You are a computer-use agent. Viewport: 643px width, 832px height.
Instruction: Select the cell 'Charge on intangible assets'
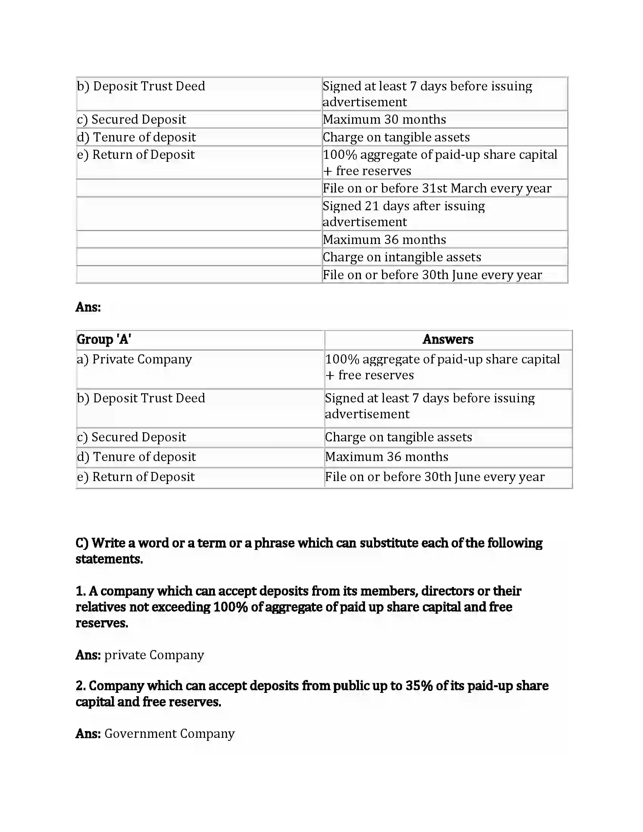(401, 257)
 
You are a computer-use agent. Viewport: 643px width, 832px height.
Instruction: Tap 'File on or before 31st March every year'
(436, 188)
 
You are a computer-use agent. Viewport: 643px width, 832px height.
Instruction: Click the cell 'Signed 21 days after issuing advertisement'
(404, 214)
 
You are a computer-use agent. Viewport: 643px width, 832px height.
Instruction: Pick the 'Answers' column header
(447, 340)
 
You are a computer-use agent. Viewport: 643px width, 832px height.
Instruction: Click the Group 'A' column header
(104, 340)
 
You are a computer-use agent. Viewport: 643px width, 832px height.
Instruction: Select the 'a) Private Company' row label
(135, 359)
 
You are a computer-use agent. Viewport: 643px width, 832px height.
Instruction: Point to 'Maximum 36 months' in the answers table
(386, 457)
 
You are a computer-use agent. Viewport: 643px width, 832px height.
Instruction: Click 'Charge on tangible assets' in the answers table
(398, 437)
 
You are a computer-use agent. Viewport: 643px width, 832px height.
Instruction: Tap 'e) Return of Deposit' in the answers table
(136, 477)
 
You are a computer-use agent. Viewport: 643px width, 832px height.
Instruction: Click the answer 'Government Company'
(169, 733)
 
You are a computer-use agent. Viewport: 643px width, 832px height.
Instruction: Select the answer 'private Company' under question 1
(154, 655)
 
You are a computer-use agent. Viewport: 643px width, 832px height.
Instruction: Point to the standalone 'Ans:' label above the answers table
(88, 307)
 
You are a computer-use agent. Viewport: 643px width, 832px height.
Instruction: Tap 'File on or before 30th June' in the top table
(432, 275)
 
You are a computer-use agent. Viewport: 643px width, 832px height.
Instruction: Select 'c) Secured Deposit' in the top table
(131, 120)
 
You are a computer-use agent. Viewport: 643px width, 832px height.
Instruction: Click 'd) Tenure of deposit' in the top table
(137, 137)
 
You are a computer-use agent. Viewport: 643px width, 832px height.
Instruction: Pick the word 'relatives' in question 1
(101, 607)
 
